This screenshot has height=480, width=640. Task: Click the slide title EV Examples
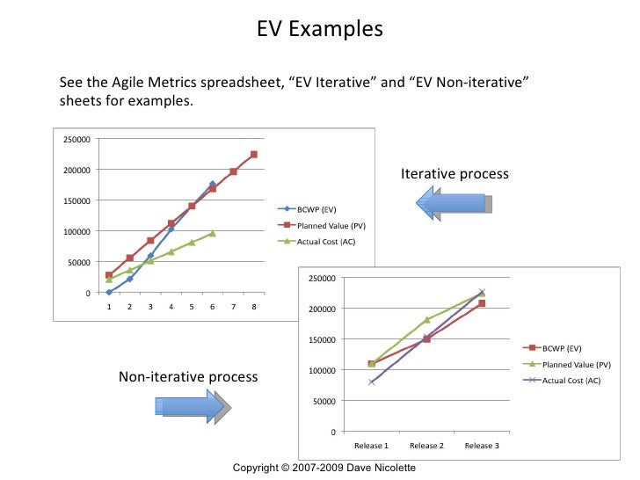[x=320, y=28]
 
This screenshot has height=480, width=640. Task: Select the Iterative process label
[x=454, y=174]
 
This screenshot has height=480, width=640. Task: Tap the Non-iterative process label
[x=188, y=377]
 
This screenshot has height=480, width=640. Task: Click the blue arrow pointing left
[x=453, y=203]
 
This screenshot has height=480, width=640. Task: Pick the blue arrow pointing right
[x=193, y=407]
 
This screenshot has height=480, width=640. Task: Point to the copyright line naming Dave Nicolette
[x=324, y=468]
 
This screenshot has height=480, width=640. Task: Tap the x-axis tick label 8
[x=254, y=307]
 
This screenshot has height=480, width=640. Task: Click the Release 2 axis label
[x=426, y=446]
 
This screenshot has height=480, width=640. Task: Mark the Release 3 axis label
[x=481, y=446]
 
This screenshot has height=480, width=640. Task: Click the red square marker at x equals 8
[x=254, y=155]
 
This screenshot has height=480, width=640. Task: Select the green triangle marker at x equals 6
[x=213, y=233]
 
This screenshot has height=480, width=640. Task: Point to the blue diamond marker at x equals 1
[x=109, y=292]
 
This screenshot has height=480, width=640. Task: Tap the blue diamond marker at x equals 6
[x=213, y=185]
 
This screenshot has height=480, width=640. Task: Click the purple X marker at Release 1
[x=372, y=382]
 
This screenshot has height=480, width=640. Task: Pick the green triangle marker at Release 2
[x=426, y=320]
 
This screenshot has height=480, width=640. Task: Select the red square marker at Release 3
[x=481, y=303]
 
